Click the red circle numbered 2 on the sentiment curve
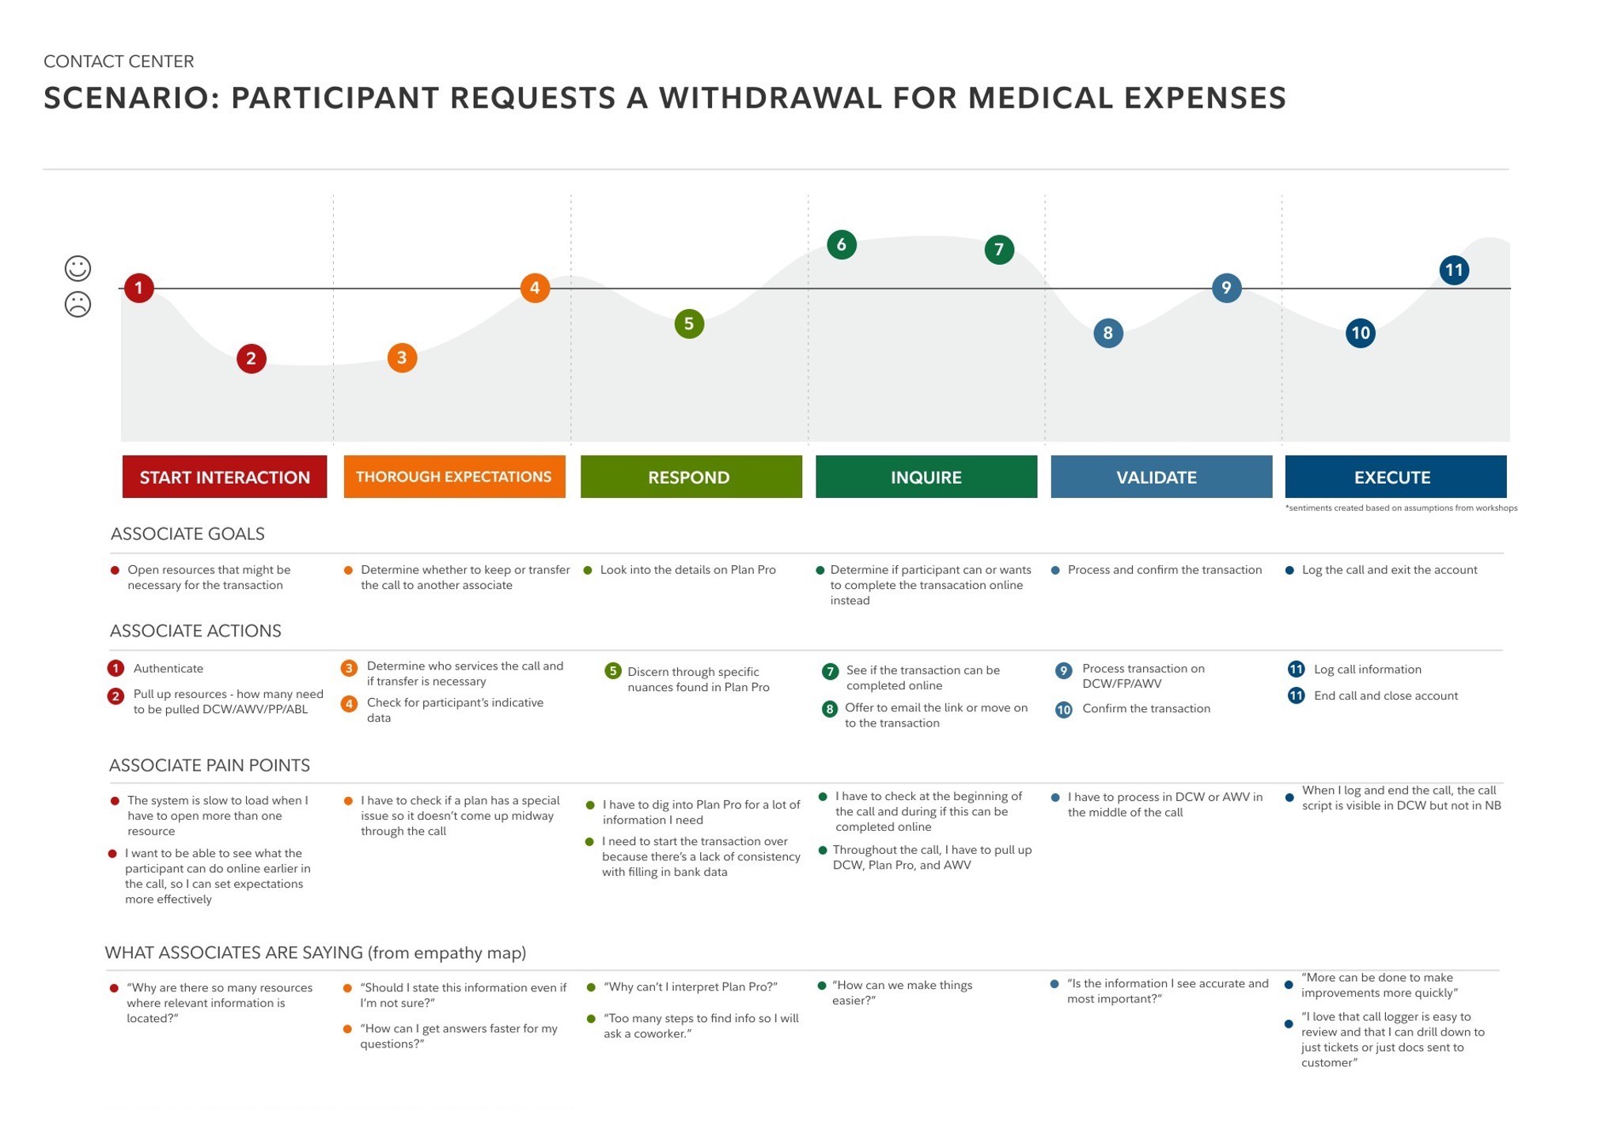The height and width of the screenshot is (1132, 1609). pyautogui.click(x=251, y=359)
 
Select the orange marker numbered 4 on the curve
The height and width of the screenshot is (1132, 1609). pyautogui.click(x=535, y=288)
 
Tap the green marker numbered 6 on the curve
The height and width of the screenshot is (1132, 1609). pyautogui.click(x=841, y=245)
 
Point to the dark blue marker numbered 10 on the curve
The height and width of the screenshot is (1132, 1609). pyautogui.click(x=1360, y=333)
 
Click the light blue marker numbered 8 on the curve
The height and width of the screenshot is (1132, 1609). pyautogui.click(x=1107, y=333)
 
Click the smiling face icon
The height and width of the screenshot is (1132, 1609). pyautogui.click(x=78, y=268)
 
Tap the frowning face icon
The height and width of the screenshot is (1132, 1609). pyautogui.click(x=78, y=304)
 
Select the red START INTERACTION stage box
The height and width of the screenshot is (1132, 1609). pyautogui.click(x=225, y=477)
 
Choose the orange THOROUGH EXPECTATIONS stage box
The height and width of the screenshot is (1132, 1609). pyautogui.click(x=454, y=477)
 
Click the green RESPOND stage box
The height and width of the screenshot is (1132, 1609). pyautogui.click(x=691, y=477)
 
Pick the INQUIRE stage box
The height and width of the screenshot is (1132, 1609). pyautogui.click(x=926, y=477)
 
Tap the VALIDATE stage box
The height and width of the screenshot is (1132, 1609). pyautogui.click(x=1160, y=477)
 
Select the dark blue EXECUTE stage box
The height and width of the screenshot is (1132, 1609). pyautogui.click(x=1395, y=477)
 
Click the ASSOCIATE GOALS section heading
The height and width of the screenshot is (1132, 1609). pyautogui.click(x=187, y=534)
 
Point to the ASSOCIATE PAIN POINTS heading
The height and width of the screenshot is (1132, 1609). pyautogui.click(x=209, y=765)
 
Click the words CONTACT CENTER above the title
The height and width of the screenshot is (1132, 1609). pyautogui.click(x=119, y=62)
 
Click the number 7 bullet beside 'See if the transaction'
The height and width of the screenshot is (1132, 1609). pyautogui.click(x=830, y=672)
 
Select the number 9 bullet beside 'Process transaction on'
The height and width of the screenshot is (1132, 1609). pyautogui.click(x=1064, y=671)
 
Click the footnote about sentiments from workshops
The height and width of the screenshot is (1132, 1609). pyautogui.click(x=1401, y=508)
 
